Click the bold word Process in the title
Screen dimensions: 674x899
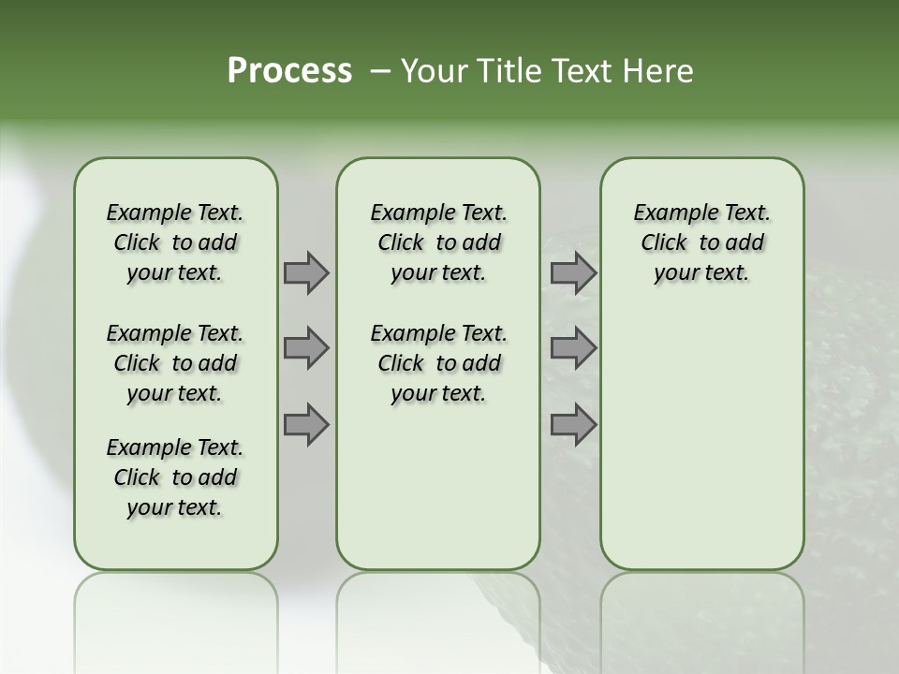(x=289, y=71)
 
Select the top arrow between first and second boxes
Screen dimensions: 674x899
(x=305, y=273)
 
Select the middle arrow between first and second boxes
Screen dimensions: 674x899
(x=305, y=348)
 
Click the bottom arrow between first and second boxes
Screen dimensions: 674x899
(x=305, y=424)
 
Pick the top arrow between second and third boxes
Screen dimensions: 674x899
(x=573, y=273)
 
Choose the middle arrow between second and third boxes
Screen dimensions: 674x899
(x=573, y=348)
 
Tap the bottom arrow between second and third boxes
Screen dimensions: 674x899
(x=573, y=424)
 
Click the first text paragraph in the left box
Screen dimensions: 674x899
(x=175, y=242)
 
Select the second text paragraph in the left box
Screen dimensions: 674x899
(x=175, y=363)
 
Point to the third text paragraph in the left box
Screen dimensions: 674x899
(x=175, y=477)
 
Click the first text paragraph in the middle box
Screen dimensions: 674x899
(x=438, y=242)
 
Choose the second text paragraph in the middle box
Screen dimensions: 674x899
(x=438, y=363)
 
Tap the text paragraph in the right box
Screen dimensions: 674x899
(x=701, y=242)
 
